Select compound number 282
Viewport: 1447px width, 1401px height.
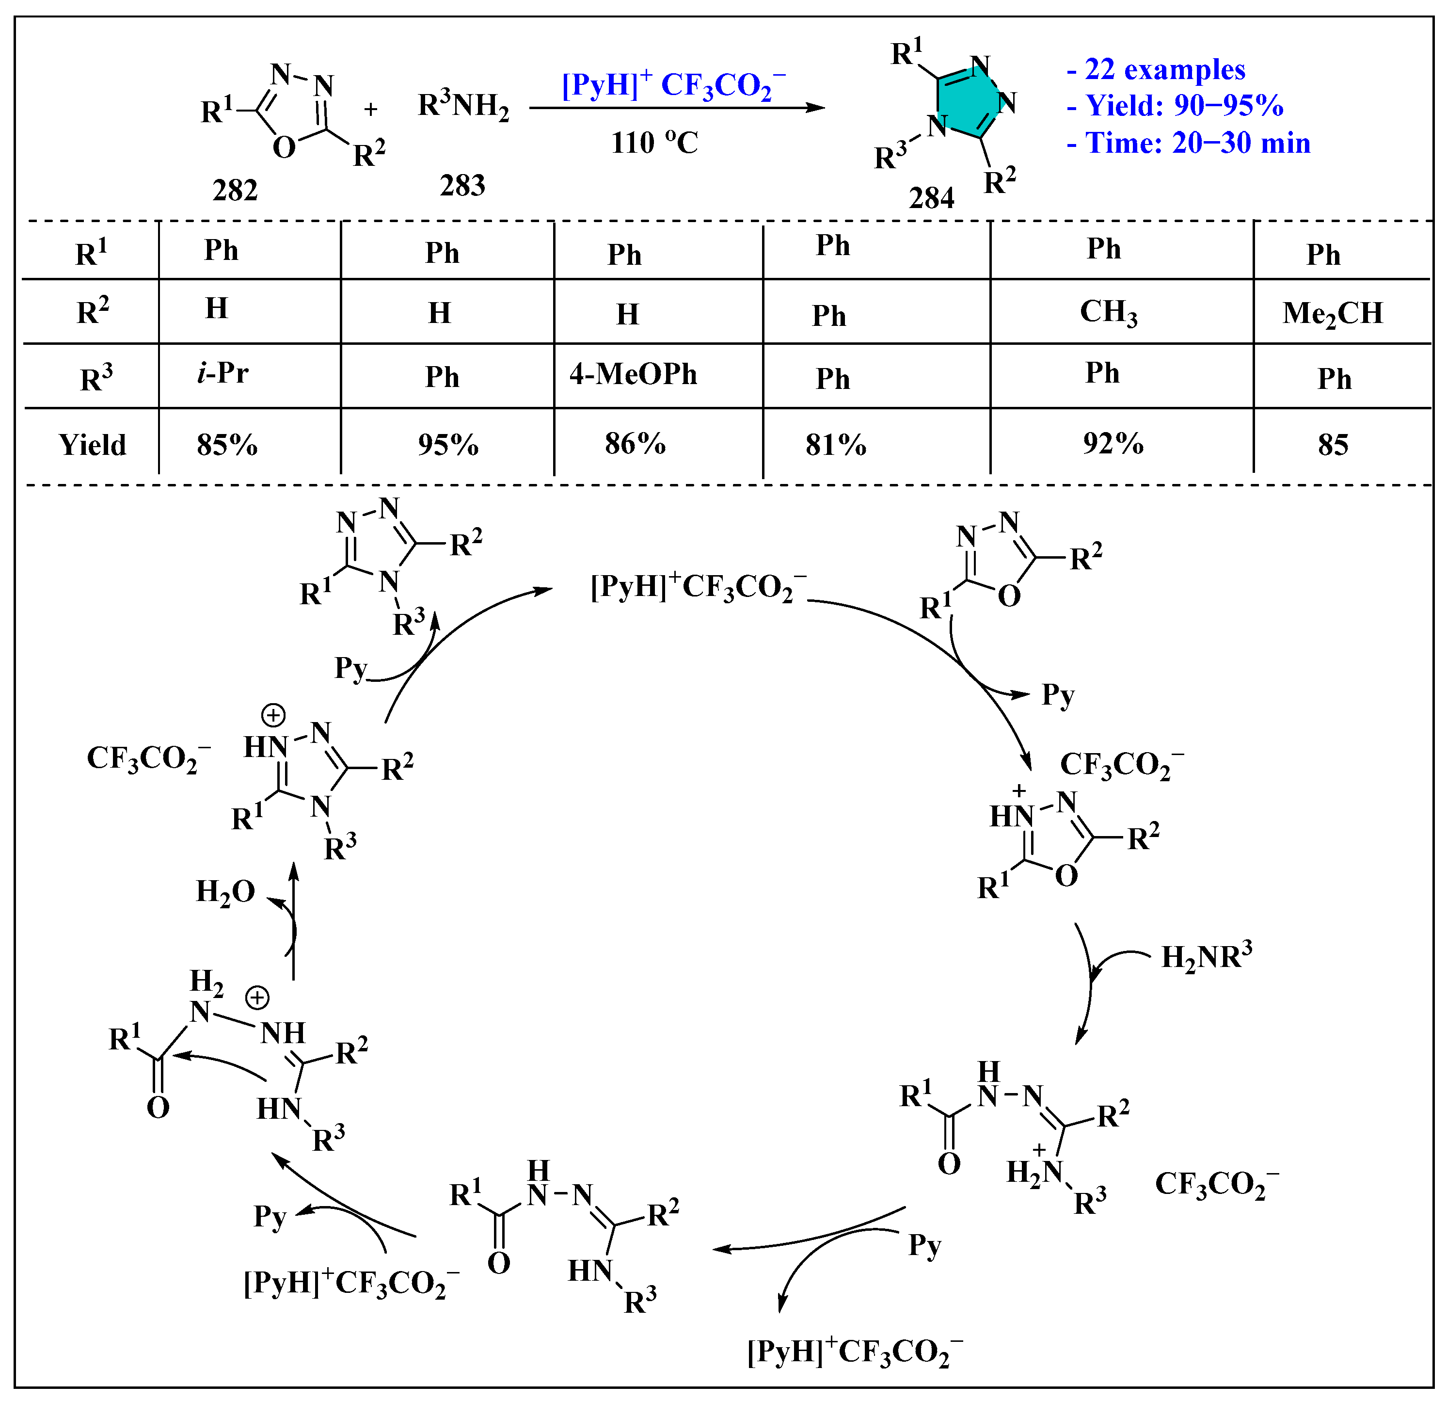click(235, 191)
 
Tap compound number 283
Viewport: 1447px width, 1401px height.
click(462, 185)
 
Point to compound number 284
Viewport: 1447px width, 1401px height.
click(931, 198)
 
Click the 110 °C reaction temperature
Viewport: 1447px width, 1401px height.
click(654, 143)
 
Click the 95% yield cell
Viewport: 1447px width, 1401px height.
click(447, 445)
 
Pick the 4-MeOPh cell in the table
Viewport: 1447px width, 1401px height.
click(633, 374)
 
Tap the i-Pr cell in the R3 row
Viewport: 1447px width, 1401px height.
click(222, 373)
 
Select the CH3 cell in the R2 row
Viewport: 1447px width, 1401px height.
click(1108, 312)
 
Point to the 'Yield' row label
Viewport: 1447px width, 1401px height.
click(92, 445)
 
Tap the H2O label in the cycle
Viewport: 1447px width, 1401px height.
click(225, 892)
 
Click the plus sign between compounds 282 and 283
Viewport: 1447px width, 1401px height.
click(371, 109)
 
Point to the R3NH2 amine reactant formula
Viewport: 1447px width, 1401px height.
click(463, 106)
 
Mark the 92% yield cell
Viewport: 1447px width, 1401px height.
click(1113, 443)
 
